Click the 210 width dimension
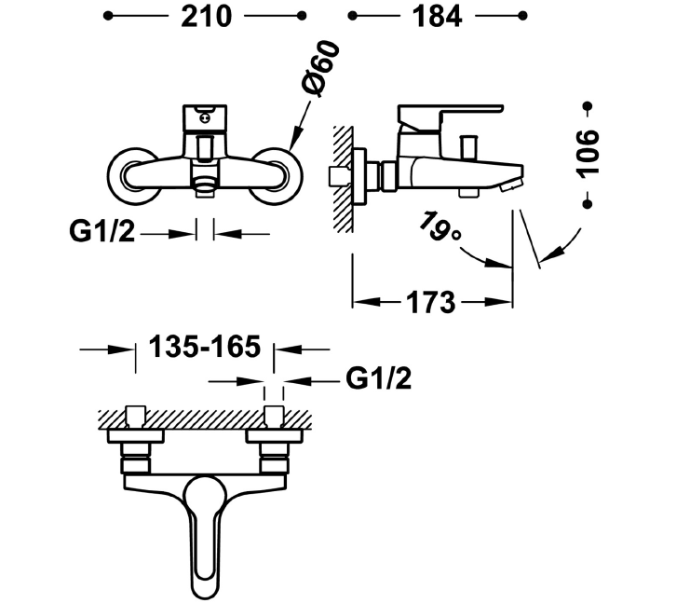pyautogui.click(x=207, y=17)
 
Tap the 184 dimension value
pyautogui.click(x=437, y=17)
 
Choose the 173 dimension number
pyautogui.click(x=430, y=303)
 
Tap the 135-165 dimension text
pyautogui.click(x=205, y=346)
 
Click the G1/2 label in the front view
pyautogui.click(x=101, y=231)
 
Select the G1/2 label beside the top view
pyautogui.click(x=378, y=377)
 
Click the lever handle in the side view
pyautogui.click(x=450, y=117)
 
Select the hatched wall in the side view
pyautogui.click(x=344, y=179)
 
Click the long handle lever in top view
pyautogui.click(x=204, y=535)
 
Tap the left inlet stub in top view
pyautogui.click(x=136, y=417)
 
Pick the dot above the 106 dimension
pyautogui.click(x=588, y=106)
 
